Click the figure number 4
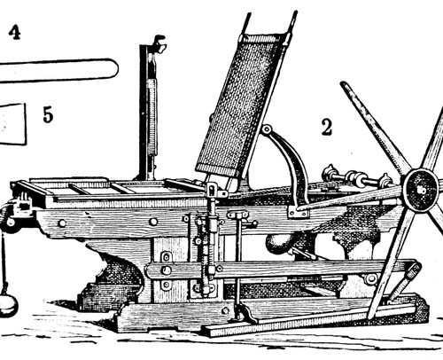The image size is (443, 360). [x=14, y=32]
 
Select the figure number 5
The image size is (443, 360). [x=48, y=114]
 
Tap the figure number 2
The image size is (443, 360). [x=327, y=128]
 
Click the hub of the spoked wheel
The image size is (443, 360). [x=421, y=191]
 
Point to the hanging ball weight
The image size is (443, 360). [x=7, y=305]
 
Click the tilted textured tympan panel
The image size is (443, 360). [x=240, y=106]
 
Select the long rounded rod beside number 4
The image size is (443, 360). [x=59, y=71]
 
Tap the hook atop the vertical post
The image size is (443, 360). [x=159, y=43]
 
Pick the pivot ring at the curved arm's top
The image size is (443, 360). [x=267, y=129]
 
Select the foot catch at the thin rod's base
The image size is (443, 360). [x=245, y=314]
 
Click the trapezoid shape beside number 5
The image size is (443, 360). [x=13, y=124]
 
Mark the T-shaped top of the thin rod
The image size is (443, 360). [x=238, y=214]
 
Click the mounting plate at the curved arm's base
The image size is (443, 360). [x=299, y=211]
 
